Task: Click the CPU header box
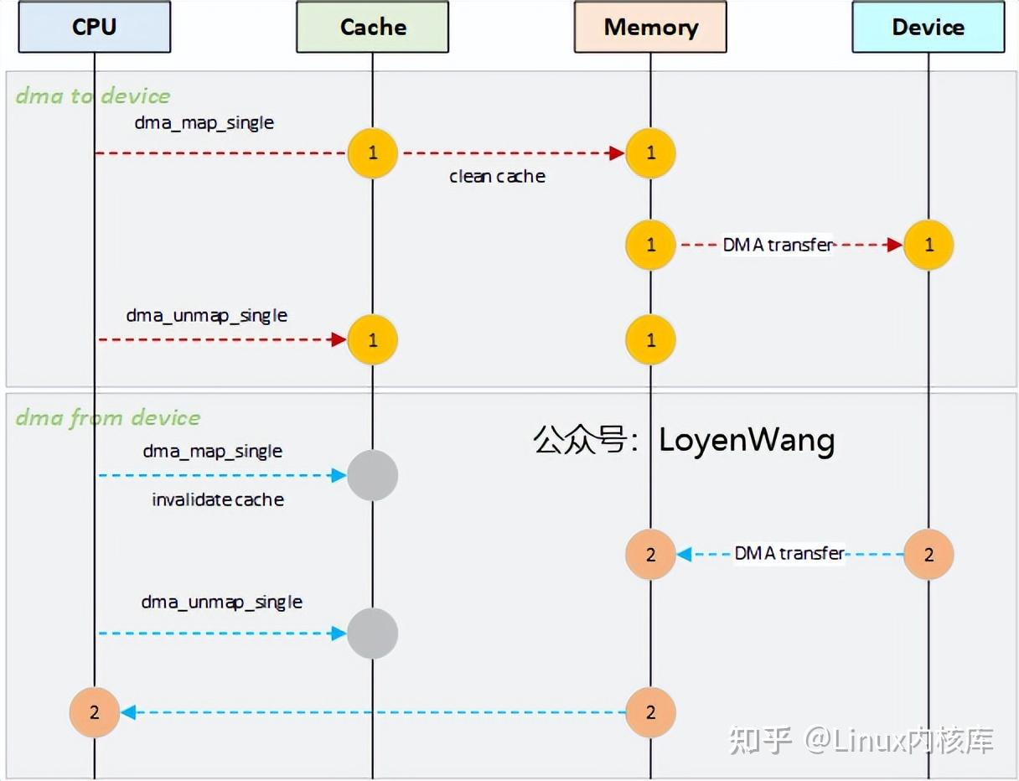[x=94, y=27]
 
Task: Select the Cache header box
[x=372, y=27]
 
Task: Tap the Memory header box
[x=650, y=27]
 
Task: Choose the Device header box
[x=928, y=27]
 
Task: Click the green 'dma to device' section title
[x=93, y=96]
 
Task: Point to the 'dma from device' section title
[x=108, y=417]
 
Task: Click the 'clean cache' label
[x=497, y=176]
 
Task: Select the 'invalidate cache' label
[x=218, y=499]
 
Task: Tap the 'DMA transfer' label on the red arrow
[x=778, y=245]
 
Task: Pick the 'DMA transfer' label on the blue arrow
[x=789, y=553]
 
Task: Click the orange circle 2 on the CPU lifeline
[x=94, y=712]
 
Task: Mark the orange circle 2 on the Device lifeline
[x=928, y=554]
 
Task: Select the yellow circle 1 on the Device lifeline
[x=928, y=245]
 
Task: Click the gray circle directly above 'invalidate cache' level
[x=372, y=475]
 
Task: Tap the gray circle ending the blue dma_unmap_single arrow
[x=372, y=634]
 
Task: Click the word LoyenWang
[x=747, y=440]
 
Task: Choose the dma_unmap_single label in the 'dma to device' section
[x=206, y=316]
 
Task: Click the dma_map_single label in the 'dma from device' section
[x=212, y=451]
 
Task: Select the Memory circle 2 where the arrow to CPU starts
[x=650, y=712]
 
